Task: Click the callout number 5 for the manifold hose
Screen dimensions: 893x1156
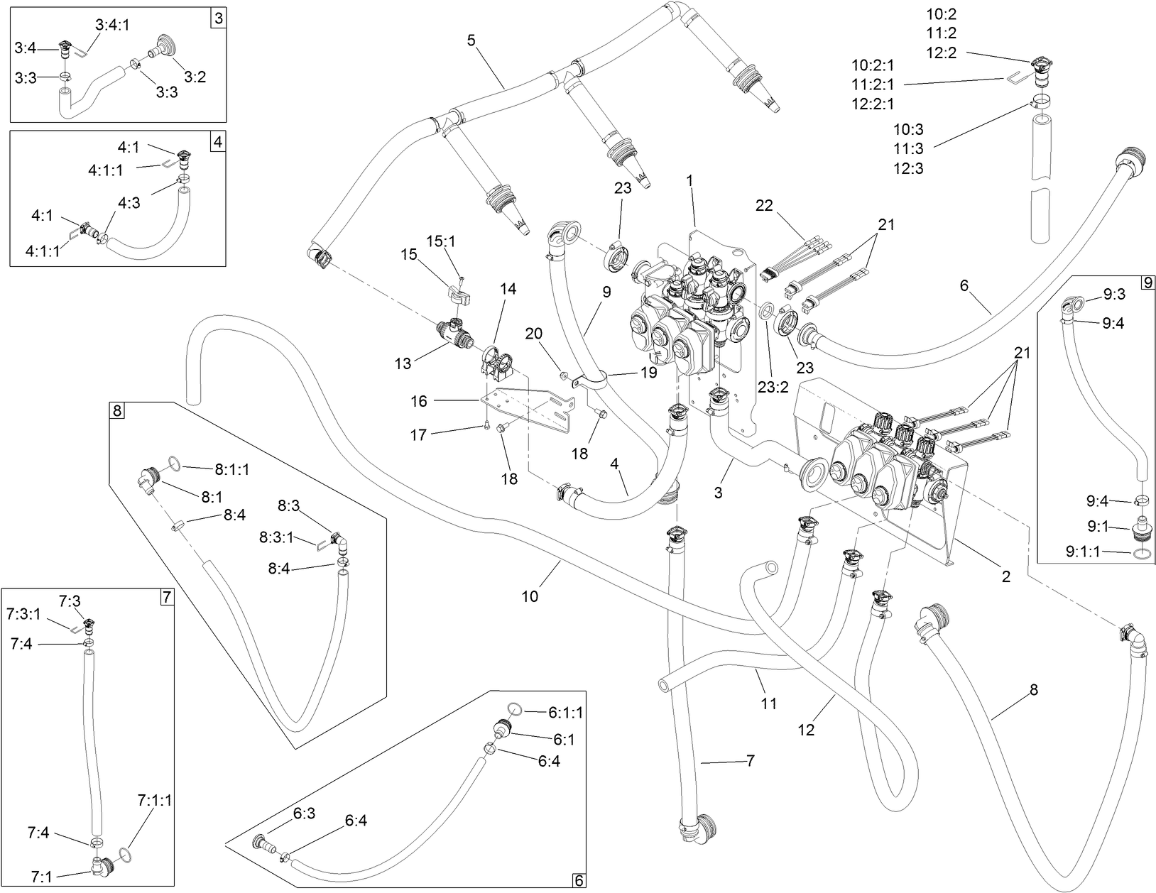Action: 471,40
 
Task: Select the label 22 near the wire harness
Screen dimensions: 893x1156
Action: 763,205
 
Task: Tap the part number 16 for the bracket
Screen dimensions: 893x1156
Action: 419,401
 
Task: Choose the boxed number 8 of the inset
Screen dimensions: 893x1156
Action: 117,410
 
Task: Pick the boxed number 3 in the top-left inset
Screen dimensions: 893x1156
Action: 218,19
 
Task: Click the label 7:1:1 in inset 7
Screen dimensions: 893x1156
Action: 154,801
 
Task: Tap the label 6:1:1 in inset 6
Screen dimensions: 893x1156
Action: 565,712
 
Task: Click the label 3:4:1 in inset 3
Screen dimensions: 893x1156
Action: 112,26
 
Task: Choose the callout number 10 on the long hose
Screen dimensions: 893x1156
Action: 530,596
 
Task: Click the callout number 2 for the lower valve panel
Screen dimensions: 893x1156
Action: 1005,576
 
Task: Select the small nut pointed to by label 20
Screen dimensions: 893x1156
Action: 564,374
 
